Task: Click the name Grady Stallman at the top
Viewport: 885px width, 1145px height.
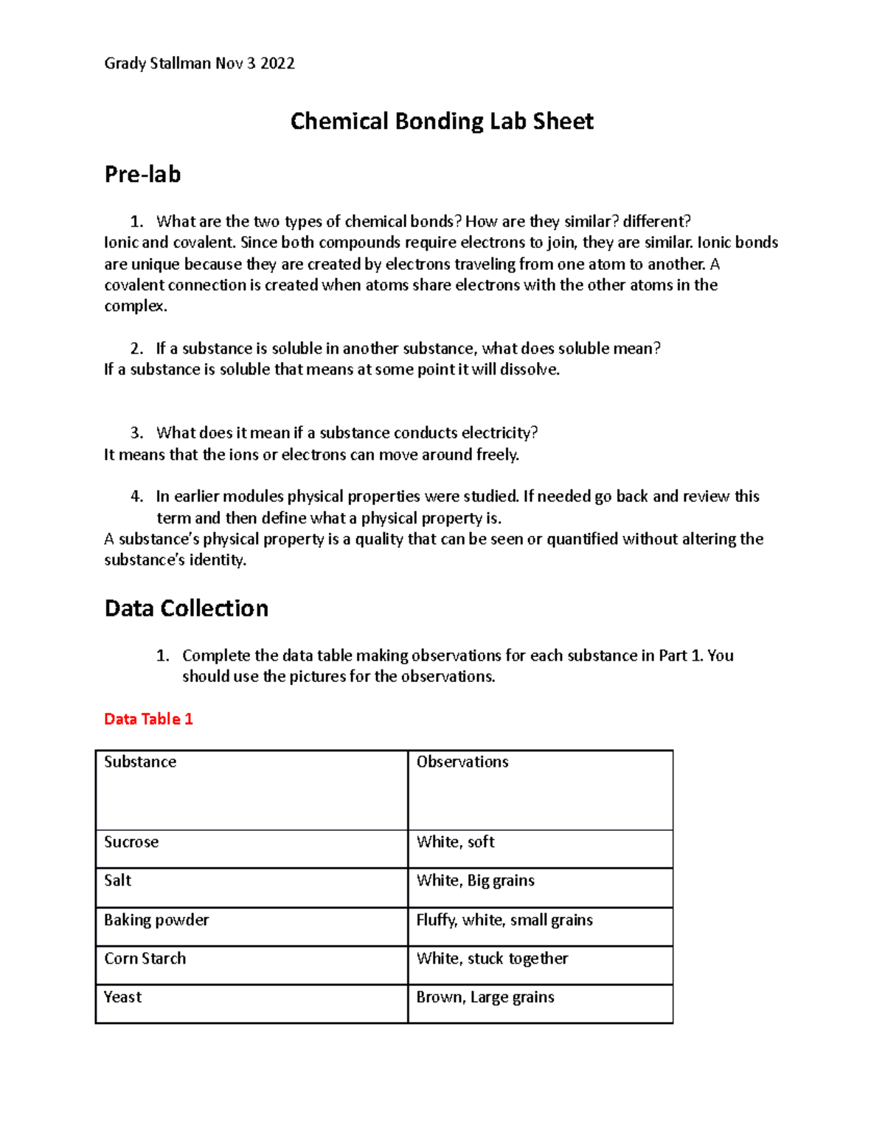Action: (x=157, y=63)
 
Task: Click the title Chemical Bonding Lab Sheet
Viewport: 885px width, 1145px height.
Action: (x=441, y=121)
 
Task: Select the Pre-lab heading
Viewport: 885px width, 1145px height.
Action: (x=142, y=175)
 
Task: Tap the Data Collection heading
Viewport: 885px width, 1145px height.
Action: (x=186, y=608)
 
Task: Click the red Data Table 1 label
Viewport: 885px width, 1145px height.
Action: (x=148, y=719)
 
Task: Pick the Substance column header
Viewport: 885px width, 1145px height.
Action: (x=140, y=762)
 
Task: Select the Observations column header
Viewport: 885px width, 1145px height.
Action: (x=462, y=762)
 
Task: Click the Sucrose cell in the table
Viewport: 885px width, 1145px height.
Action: (x=131, y=842)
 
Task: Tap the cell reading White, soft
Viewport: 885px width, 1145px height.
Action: (x=455, y=842)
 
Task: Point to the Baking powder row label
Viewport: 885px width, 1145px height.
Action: (x=156, y=920)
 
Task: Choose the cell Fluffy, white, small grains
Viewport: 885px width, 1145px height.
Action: (x=504, y=920)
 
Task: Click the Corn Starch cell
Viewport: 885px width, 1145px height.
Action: (x=145, y=958)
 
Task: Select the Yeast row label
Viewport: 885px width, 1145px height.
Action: (x=122, y=997)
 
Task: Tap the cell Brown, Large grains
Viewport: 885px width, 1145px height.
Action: (x=485, y=998)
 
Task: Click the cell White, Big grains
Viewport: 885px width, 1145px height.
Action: (x=475, y=880)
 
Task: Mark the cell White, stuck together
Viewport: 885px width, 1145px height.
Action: (x=492, y=958)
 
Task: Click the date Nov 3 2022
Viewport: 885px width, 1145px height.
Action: (x=255, y=63)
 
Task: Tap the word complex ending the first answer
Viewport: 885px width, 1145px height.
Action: (x=135, y=307)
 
